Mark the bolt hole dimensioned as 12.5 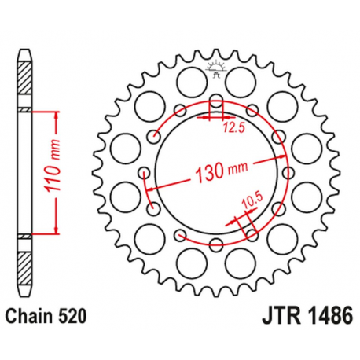pyautogui.click(x=215, y=102)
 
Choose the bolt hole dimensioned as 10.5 pyautogui.click(x=251, y=233)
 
